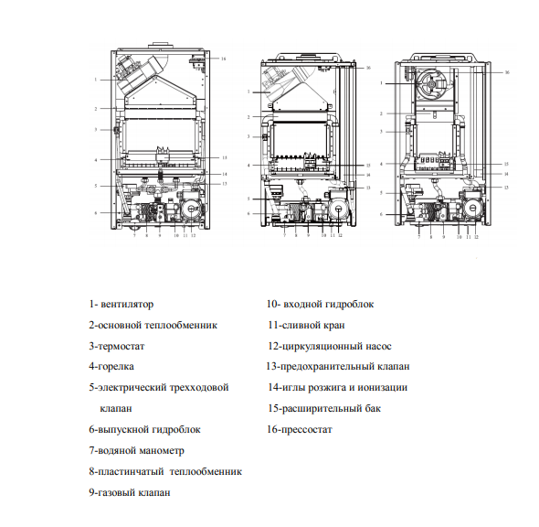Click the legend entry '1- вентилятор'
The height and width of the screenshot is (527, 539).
tap(122, 304)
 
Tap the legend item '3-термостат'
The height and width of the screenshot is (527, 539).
tap(117, 346)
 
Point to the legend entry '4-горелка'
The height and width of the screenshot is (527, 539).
tap(113, 366)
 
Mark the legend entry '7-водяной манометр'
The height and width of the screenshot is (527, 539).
tap(136, 450)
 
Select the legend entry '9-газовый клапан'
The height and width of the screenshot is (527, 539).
tap(130, 492)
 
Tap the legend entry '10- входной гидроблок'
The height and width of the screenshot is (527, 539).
tap(320, 304)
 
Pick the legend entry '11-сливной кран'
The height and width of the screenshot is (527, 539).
tap(306, 325)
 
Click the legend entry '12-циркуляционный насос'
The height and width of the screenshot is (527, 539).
tap(329, 346)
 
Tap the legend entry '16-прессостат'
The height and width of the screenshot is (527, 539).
tap(300, 429)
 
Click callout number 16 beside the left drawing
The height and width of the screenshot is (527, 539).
tap(223, 58)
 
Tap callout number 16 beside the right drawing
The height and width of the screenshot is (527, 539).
tap(506, 70)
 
